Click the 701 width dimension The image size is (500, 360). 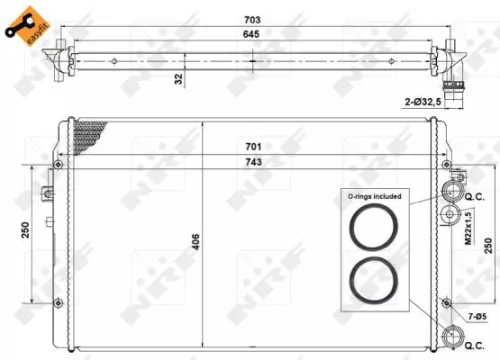[x=254, y=146]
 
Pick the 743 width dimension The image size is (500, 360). [x=254, y=163]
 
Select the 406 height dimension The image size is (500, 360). [x=195, y=240]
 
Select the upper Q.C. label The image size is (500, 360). [x=475, y=197]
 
